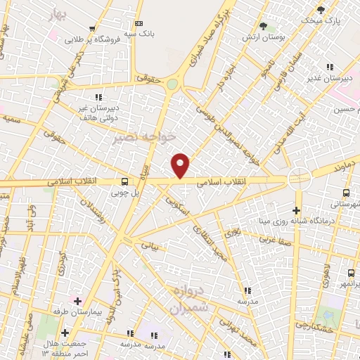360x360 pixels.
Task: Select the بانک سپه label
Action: coord(141,33)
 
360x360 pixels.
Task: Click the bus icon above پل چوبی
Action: coord(124,181)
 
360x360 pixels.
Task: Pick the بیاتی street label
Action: coord(151,246)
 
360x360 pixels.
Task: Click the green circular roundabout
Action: coord(172,84)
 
